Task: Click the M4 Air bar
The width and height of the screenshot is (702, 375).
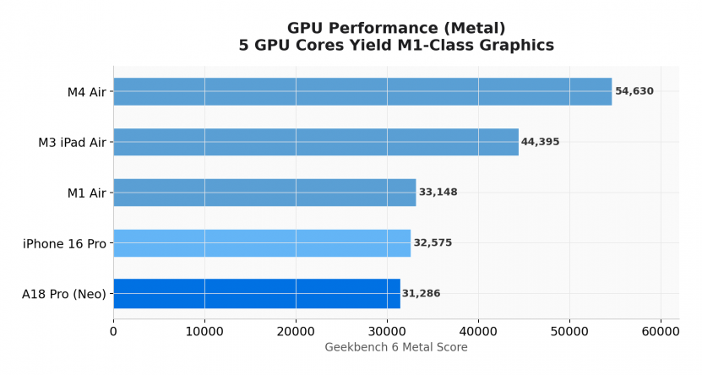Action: click(362, 91)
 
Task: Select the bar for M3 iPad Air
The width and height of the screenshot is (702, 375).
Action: click(316, 142)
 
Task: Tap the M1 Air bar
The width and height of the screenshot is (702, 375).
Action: click(264, 193)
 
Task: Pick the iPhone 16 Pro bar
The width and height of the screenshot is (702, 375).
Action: click(262, 243)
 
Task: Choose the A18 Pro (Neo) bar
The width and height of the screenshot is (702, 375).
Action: click(257, 293)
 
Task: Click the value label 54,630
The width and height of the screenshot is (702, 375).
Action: click(634, 91)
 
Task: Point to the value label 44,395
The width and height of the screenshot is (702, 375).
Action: click(541, 142)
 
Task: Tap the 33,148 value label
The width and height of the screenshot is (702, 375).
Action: click(438, 193)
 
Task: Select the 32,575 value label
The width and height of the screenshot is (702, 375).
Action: click(433, 243)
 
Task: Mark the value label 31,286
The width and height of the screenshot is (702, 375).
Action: click(421, 294)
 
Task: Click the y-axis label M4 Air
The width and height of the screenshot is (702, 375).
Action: click(87, 92)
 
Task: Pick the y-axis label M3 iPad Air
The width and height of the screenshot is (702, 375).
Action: click(73, 143)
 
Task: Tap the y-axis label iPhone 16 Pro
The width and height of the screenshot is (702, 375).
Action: click(65, 244)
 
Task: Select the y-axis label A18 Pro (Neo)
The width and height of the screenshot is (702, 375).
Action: click(64, 295)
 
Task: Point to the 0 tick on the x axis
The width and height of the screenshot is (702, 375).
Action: click(113, 332)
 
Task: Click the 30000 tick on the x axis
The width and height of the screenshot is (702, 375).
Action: click(387, 332)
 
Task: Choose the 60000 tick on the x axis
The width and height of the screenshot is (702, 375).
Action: click(661, 332)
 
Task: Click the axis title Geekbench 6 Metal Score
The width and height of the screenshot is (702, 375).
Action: click(396, 347)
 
